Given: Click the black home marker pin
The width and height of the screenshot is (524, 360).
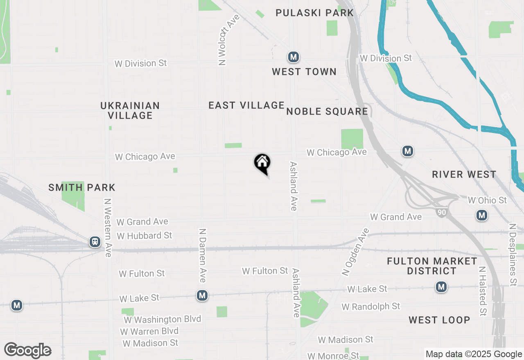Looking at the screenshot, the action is click(262, 163).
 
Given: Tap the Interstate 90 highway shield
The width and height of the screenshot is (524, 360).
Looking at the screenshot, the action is click(441, 213).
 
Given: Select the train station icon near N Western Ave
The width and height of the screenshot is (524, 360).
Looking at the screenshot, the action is click(95, 242).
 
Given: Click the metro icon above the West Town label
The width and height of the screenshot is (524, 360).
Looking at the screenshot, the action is click(293, 57).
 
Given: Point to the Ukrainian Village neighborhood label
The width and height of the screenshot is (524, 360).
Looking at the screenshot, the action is click(130, 110).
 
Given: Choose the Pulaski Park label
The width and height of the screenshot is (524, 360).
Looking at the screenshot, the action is click(314, 13).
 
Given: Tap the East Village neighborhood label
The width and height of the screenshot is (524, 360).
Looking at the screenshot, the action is click(246, 106).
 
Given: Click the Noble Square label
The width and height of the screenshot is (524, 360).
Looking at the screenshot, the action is click(327, 111).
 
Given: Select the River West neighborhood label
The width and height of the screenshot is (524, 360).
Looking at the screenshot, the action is click(464, 175).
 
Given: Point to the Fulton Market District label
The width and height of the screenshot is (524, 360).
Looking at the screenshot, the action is click(432, 266).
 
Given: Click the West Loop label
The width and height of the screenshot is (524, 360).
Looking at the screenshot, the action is click(439, 320).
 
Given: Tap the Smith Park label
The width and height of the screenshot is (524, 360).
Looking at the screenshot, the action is click(82, 188).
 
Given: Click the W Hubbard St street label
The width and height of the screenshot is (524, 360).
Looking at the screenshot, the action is click(145, 236).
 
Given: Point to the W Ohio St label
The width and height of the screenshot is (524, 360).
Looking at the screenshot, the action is click(487, 200).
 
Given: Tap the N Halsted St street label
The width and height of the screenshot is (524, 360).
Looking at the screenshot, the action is click(483, 291).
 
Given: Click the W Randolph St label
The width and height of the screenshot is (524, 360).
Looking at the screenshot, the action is click(371, 306).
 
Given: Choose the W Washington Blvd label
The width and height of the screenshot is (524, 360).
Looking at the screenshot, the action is click(163, 319).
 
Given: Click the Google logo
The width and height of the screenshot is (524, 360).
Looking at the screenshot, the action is click(28, 351).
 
